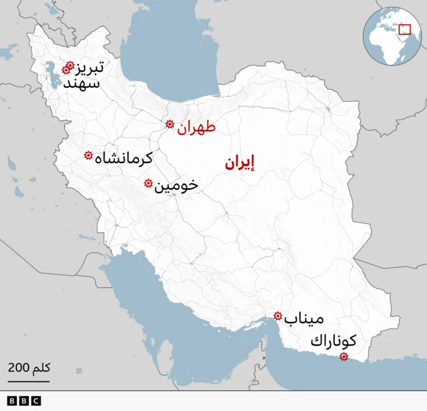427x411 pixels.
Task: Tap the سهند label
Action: [x=87, y=84]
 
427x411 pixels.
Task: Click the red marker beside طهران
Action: [x=169, y=124]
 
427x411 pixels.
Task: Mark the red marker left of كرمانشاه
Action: [x=88, y=155]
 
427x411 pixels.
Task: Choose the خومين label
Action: [x=176, y=185]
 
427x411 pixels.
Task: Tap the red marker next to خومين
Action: [x=148, y=183]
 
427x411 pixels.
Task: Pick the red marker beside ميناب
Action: [x=278, y=316]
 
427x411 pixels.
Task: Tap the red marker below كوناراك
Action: [x=343, y=357]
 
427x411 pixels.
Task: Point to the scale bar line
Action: [x=29, y=382]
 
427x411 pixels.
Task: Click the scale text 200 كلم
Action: [x=29, y=368]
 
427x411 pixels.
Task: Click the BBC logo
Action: [x=24, y=400]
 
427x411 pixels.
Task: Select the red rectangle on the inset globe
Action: [x=404, y=29]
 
